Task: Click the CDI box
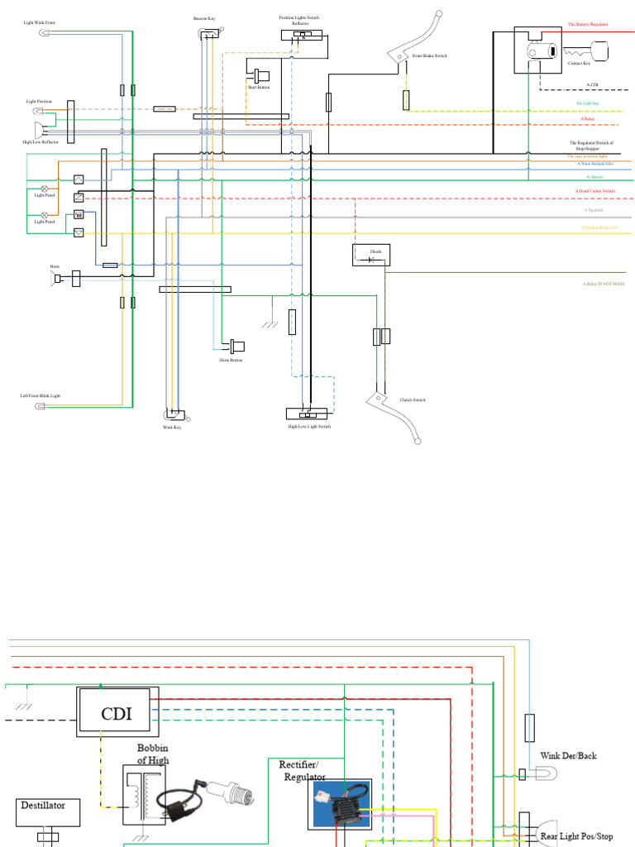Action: tap(118, 712)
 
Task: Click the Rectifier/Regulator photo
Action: tap(340, 803)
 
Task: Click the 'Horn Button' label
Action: tap(231, 360)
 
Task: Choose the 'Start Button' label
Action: tap(259, 87)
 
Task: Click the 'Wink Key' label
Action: tap(171, 427)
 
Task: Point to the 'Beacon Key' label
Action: tap(204, 18)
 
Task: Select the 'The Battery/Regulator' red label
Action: tap(588, 25)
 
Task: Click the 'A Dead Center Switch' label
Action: tap(595, 191)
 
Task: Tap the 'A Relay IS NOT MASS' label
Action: tap(603, 284)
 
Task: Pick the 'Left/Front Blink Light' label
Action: tap(41, 395)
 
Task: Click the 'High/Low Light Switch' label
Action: tap(309, 426)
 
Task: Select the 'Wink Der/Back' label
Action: tap(568, 755)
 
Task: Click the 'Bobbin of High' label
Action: tap(153, 754)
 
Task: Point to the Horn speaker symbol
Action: tap(57, 280)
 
